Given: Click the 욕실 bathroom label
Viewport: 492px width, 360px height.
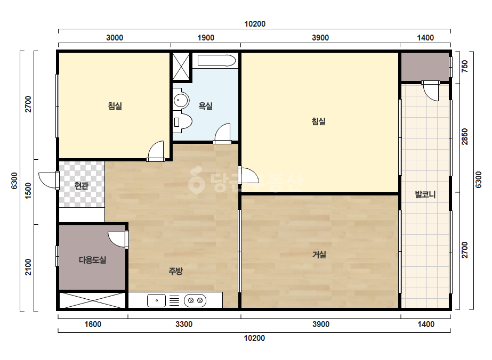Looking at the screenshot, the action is click(x=206, y=106).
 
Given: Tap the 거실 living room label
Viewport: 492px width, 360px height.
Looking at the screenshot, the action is click(x=319, y=255).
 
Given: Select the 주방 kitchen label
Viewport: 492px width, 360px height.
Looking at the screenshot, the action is click(x=175, y=271).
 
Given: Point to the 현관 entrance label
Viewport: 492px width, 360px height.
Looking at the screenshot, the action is click(x=81, y=186).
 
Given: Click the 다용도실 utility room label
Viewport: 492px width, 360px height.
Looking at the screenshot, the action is click(x=92, y=260).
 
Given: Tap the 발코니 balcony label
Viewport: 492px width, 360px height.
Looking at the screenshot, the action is click(x=425, y=194).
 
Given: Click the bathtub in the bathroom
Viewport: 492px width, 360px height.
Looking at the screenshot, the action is click(x=216, y=61).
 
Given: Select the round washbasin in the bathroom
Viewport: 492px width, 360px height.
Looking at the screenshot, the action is click(x=181, y=101).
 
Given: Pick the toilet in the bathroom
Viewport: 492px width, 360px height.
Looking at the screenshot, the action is click(x=182, y=121).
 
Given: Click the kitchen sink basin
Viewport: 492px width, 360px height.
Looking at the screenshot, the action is click(x=156, y=300).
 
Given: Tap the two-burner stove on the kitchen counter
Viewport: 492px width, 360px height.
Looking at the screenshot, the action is click(x=195, y=300).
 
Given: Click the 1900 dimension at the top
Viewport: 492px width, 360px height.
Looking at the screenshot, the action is click(x=206, y=38).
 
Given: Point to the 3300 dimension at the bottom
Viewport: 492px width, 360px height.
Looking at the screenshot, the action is click(x=184, y=324).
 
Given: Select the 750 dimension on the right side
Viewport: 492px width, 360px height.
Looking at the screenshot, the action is click(x=465, y=66).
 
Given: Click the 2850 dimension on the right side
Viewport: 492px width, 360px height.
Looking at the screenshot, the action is click(x=465, y=137).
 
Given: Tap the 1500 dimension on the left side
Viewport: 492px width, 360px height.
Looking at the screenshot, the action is click(x=28, y=191).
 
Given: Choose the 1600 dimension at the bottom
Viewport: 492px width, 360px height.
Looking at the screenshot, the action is click(x=93, y=324).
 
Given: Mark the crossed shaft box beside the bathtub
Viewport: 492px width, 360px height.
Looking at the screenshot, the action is click(x=181, y=67).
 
